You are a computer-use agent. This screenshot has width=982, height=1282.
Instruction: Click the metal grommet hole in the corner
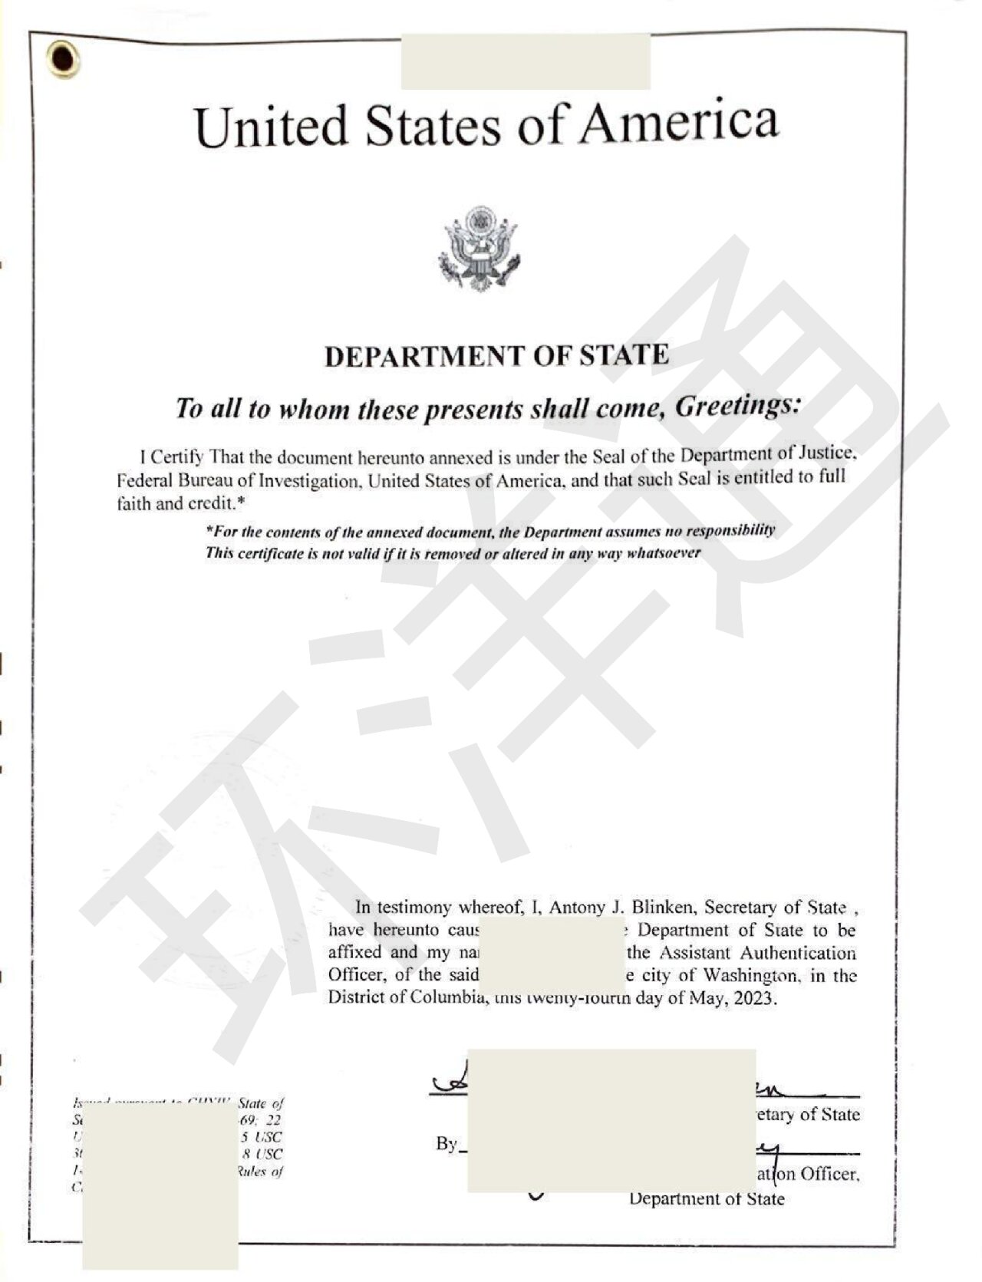click(62, 59)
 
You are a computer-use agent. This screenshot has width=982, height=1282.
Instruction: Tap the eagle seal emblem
click(479, 248)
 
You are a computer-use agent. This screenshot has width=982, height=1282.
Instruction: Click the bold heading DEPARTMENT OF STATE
click(496, 356)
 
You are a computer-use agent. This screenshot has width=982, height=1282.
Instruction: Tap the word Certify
click(176, 458)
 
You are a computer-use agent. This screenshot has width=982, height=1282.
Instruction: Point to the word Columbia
click(446, 998)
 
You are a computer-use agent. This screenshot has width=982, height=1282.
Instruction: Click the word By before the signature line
click(446, 1143)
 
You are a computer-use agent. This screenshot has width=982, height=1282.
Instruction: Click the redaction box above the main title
click(526, 61)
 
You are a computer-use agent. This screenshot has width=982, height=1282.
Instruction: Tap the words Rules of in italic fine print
click(260, 1171)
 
